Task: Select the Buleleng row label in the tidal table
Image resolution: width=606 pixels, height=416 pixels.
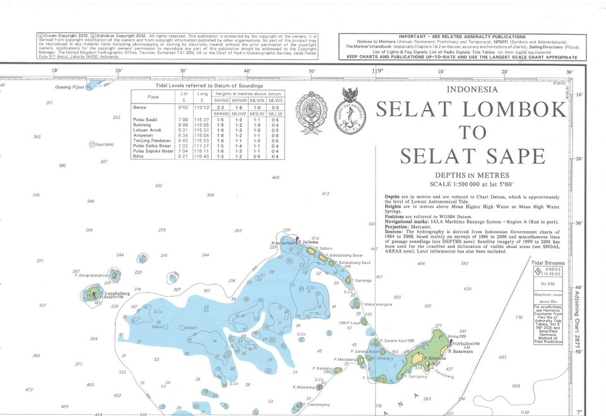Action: pos(145,125)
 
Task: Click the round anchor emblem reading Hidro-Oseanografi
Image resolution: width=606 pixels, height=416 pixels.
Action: pos(353,112)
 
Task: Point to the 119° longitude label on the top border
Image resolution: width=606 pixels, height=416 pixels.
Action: pos(377,71)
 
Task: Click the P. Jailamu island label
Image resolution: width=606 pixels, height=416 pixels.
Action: pos(307,242)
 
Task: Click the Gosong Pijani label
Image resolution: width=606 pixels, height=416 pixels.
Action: pos(70,86)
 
